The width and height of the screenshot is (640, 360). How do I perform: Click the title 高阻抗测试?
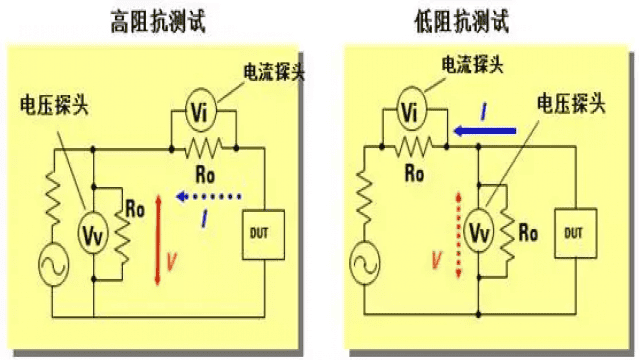tap(161, 19)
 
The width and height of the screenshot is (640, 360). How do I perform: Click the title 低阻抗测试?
tap(464, 19)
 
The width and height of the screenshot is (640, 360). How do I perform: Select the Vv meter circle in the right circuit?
tap(481, 232)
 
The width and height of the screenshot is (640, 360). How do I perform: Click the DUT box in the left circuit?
tap(263, 232)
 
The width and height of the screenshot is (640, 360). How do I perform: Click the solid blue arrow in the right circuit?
tap(484, 129)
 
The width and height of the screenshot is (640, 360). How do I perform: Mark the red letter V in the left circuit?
tap(171, 260)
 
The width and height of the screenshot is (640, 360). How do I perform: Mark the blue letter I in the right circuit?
tap(483, 114)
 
